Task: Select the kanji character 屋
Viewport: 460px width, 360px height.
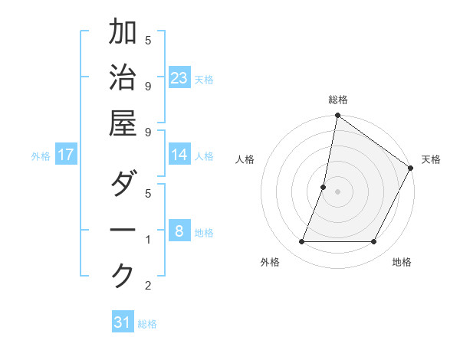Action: pyautogui.click(x=123, y=123)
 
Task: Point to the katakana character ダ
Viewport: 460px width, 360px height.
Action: pyautogui.click(x=123, y=184)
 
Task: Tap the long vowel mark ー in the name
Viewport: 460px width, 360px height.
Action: pyautogui.click(x=123, y=230)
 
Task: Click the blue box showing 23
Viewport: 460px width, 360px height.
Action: pyautogui.click(x=179, y=77)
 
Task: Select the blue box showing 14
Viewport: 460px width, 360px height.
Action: pyautogui.click(x=179, y=155)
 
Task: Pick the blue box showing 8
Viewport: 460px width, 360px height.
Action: pyautogui.click(x=179, y=231)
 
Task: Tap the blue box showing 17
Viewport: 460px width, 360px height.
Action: pyautogui.click(x=66, y=155)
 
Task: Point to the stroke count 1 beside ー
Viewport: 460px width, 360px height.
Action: pyautogui.click(x=148, y=240)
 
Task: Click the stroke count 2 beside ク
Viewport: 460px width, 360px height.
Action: pyautogui.click(x=148, y=286)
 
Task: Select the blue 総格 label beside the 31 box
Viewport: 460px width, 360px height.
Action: pyautogui.click(x=148, y=324)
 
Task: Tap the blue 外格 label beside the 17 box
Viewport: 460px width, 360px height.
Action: pyautogui.click(x=41, y=156)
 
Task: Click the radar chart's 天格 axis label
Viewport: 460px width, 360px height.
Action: pyautogui.click(x=432, y=159)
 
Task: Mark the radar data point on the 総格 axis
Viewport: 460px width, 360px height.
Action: pyautogui.click(x=337, y=116)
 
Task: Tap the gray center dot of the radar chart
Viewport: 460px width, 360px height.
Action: pyautogui.click(x=337, y=191)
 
